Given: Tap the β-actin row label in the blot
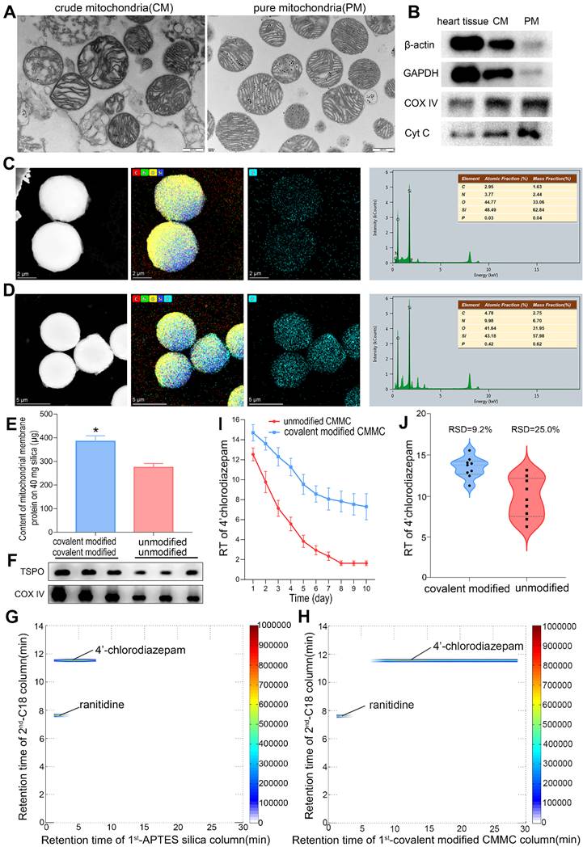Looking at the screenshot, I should click(x=405, y=40).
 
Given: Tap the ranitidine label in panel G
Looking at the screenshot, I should click(x=102, y=705).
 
